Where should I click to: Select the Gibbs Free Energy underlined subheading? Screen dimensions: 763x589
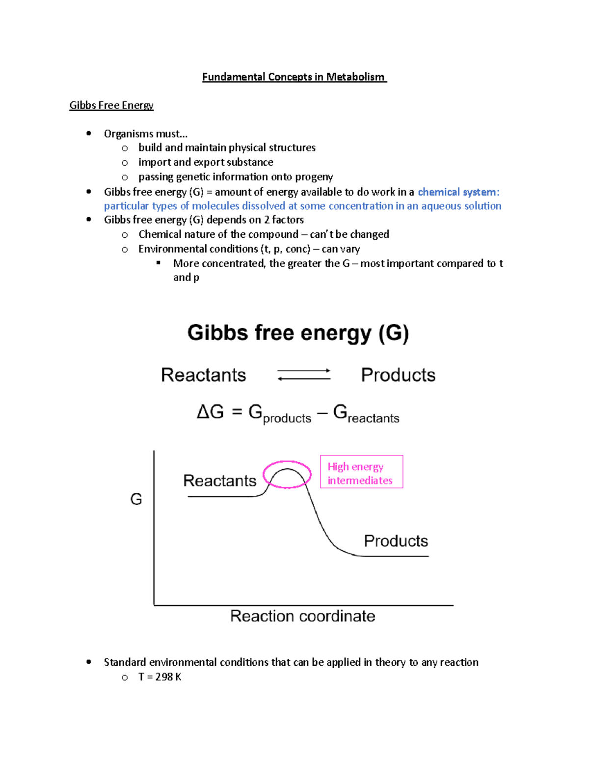(x=111, y=106)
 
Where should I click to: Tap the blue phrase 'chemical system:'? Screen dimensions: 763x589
(x=458, y=192)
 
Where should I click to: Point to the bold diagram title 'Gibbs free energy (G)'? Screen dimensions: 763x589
(x=298, y=333)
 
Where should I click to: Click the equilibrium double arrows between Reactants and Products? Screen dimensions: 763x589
(x=304, y=375)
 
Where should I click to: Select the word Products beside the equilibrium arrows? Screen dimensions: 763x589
(x=398, y=375)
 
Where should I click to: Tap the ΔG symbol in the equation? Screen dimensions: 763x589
(x=210, y=412)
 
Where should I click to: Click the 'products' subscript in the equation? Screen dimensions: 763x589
(x=287, y=419)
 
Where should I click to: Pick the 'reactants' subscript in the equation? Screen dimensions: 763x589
(x=374, y=419)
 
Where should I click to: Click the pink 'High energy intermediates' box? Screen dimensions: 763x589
(x=361, y=472)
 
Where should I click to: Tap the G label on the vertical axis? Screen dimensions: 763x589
(x=136, y=500)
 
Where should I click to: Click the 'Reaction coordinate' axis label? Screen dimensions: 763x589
(x=302, y=616)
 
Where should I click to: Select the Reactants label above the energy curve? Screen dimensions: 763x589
(x=219, y=480)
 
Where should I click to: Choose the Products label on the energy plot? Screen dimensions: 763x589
(x=396, y=541)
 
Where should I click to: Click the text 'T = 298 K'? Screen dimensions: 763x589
(x=160, y=677)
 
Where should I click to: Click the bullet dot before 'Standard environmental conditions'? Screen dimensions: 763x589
(x=89, y=662)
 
